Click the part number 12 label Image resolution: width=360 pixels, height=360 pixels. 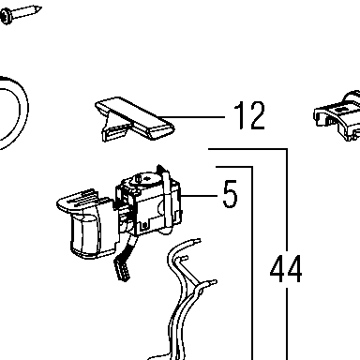pyautogui.click(x=249, y=115)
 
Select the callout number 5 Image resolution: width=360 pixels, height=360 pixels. pyautogui.click(x=230, y=194)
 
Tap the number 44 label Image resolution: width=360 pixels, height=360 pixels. pyautogui.click(x=286, y=269)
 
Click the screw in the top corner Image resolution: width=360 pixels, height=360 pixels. pyautogui.click(x=21, y=13)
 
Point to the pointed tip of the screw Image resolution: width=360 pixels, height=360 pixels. pyautogui.click(x=40, y=7)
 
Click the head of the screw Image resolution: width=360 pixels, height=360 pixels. pyautogui.click(x=7, y=17)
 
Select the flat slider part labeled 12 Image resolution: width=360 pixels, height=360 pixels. pyautogui.click(x=134, y=119)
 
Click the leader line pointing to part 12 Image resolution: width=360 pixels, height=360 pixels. pyautogui.click(x=191, y=117)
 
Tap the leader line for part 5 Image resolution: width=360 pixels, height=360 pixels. pyautogui.click(x=199, y=196)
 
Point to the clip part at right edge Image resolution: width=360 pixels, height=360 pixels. pyautogui.click(x=337, y=116)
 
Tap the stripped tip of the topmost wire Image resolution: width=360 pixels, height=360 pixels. pyautogui.click(x=197, y=241)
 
